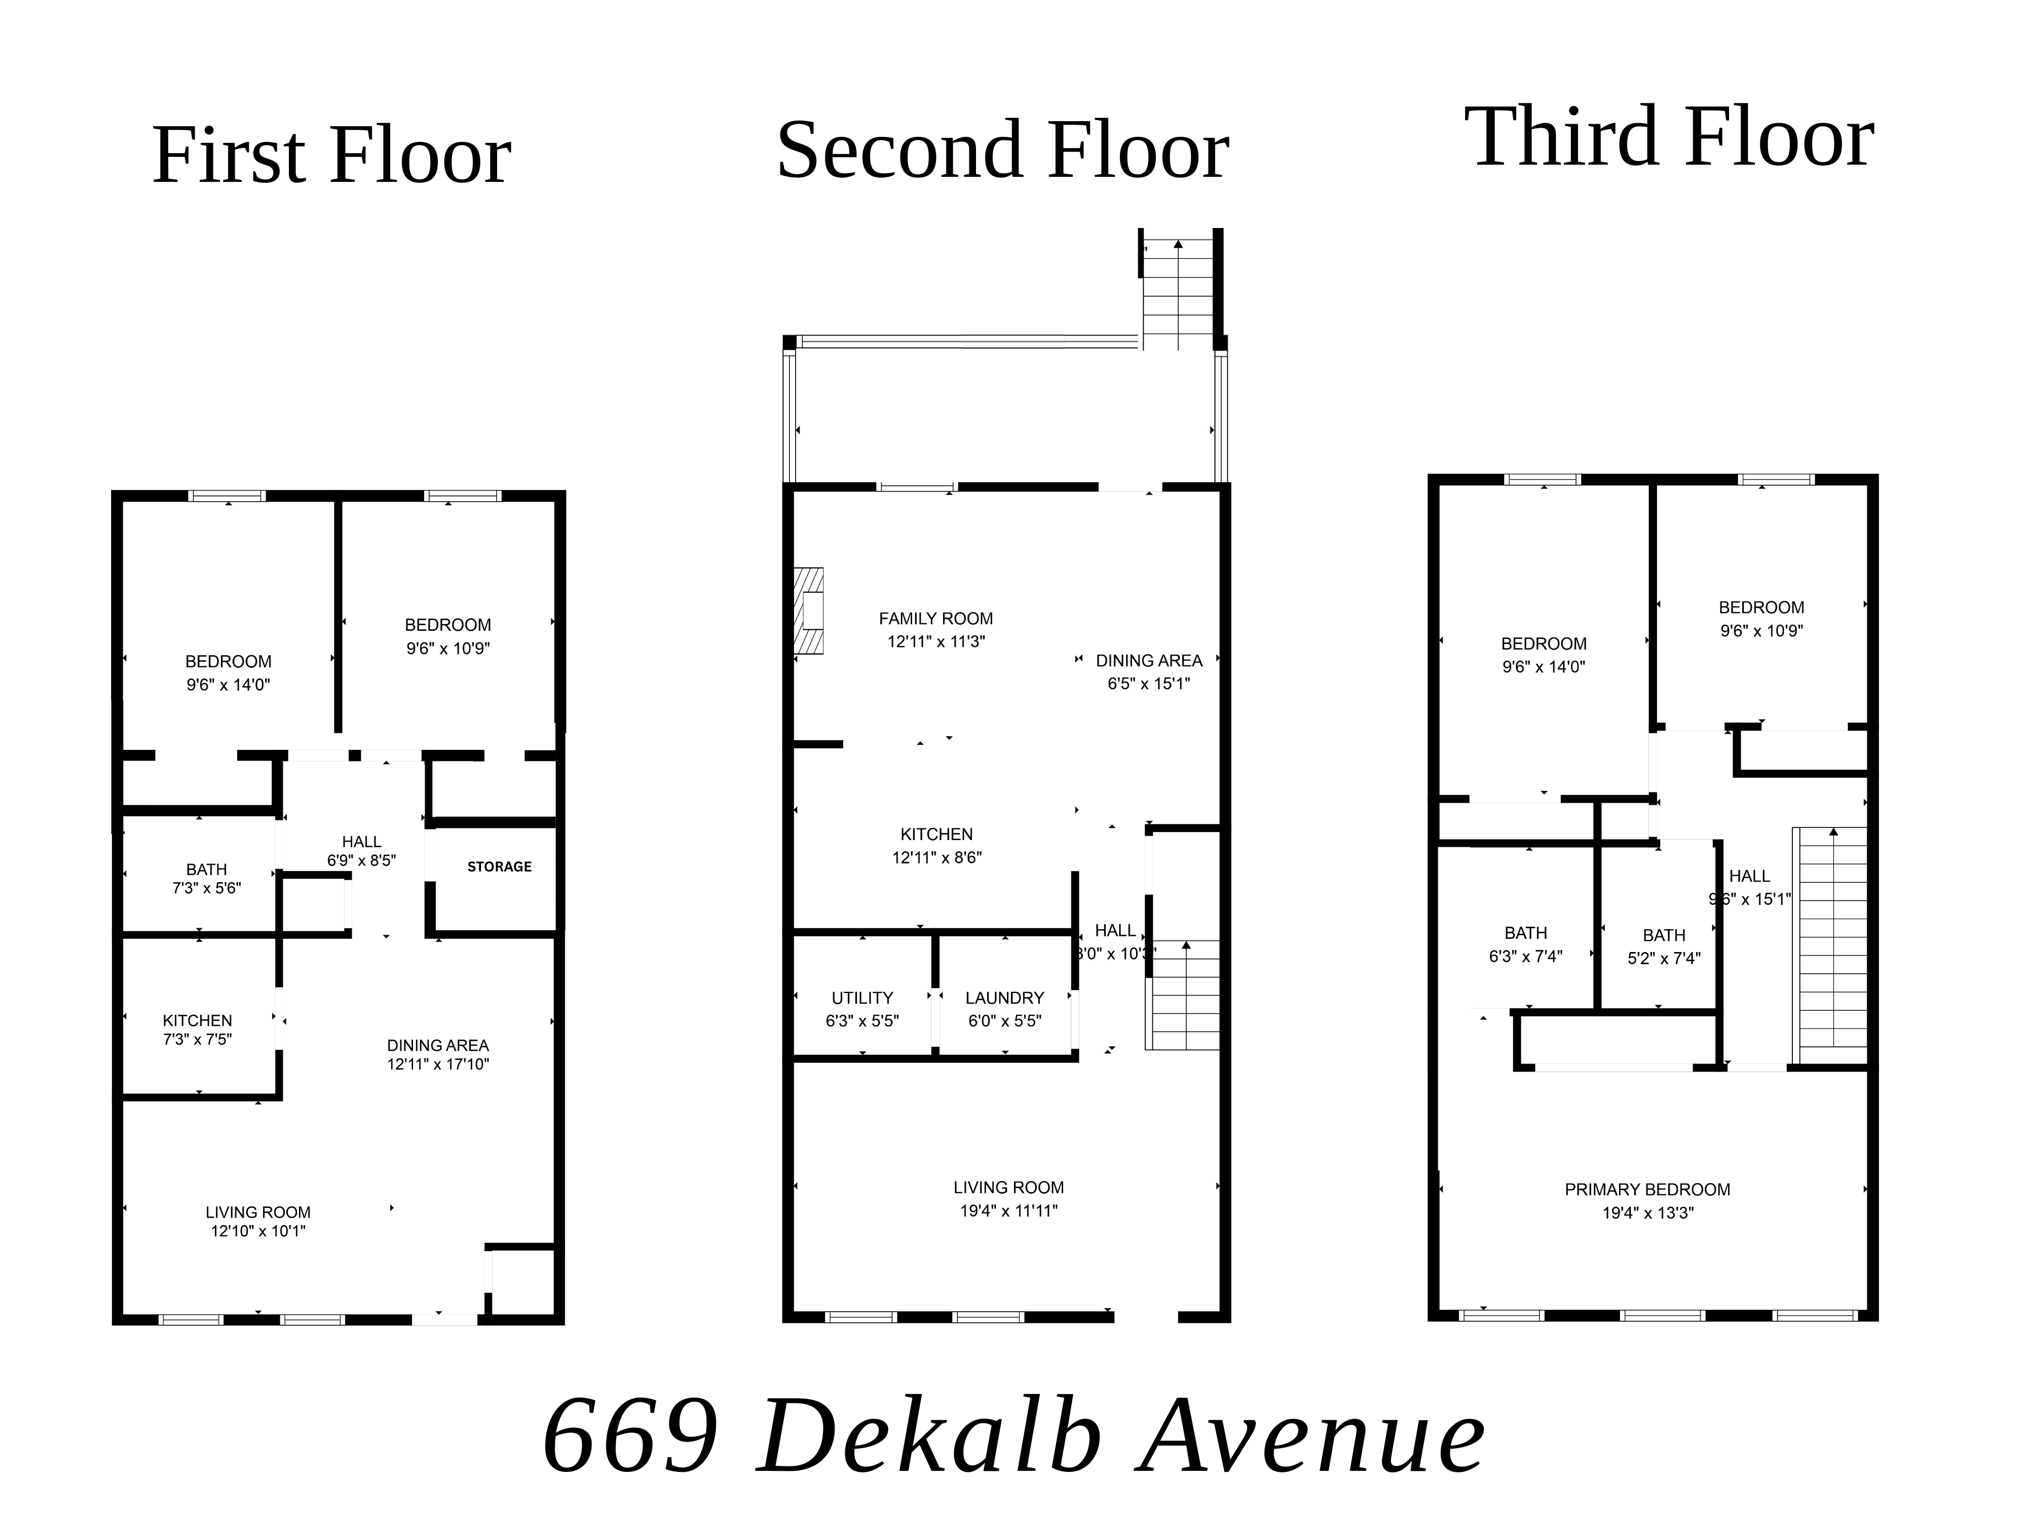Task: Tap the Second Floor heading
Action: click(1002, 150)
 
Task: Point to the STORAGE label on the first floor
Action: click(500, 867)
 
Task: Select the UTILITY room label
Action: click(862, 998)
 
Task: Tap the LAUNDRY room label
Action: click(1004, 998)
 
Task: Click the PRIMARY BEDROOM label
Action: click(1647, 1189)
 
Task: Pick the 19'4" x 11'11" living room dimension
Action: click(1008, 1210)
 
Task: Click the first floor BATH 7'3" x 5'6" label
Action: click(206, 878)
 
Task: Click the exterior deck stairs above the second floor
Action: click(1178, 293)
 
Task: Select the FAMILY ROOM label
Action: click(935, 619)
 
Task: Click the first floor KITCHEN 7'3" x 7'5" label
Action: click(197, 1029)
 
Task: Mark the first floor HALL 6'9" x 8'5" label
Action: click(361, 850)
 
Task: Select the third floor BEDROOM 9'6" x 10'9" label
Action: click(1760, 619)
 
